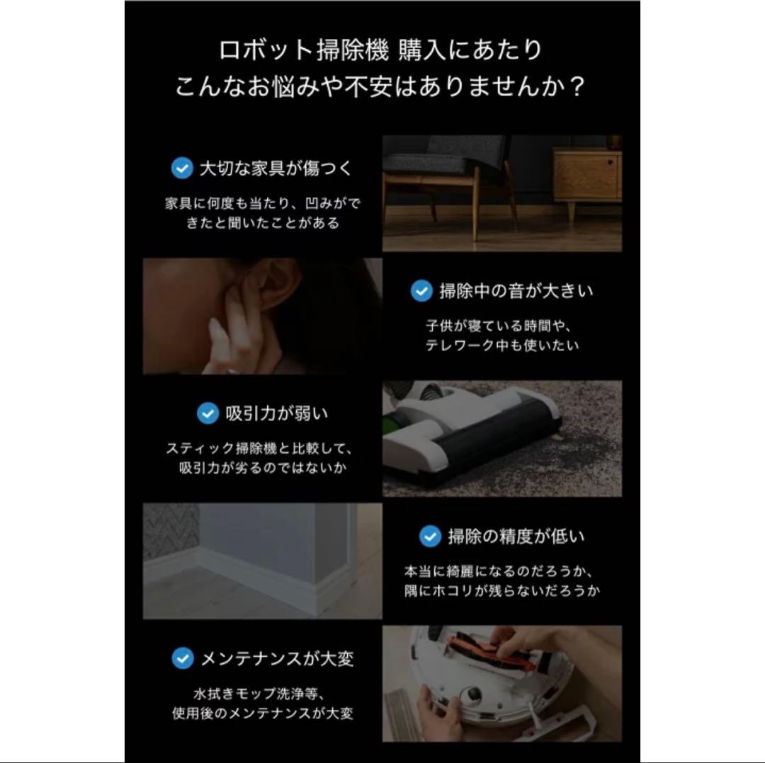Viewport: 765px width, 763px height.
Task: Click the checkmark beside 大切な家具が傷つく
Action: click(x=182, y=168)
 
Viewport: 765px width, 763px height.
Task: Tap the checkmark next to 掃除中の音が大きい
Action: click(x=421, y=290)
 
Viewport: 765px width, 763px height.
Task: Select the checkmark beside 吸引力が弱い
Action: click(x=207, y=413)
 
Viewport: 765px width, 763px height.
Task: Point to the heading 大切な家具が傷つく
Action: click(x=276, y=168)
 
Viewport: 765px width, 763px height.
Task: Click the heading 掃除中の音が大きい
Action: click(x=516, y=290)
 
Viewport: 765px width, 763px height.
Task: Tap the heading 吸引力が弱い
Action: click(x=276, y=413)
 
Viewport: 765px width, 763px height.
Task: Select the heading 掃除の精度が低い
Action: click(x=516, y=537)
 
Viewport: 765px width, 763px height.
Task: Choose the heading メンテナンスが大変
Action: click(x=277, y=659)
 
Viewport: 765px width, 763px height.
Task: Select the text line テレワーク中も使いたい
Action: click(x=502, y=346)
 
